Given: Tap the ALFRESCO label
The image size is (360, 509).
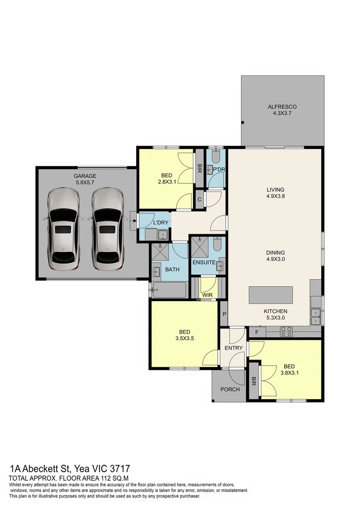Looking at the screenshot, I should pos(282,107).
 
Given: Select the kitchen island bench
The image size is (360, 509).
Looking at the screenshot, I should pos(270,295).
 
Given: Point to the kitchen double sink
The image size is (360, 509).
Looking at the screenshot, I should pos(316,316).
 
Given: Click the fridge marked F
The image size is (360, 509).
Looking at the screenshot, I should pos(257,332).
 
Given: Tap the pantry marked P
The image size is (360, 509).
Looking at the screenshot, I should pos(224,314).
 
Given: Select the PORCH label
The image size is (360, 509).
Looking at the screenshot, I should pos(230,389).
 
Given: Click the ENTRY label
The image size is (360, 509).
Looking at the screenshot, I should pos(234,348).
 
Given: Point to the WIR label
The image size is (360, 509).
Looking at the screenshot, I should pos(207,295).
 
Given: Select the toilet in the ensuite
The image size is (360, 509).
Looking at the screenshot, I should pos(218,245).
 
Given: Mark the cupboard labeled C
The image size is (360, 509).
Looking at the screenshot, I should pos(200,199).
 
